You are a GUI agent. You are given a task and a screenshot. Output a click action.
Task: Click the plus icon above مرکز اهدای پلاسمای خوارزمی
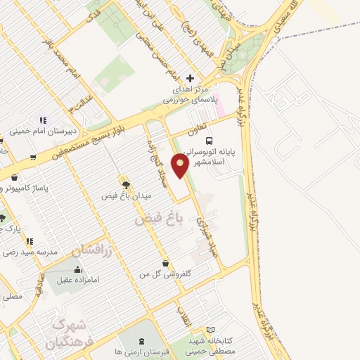(189, 78)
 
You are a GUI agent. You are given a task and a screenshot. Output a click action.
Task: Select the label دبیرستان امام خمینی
(42, 130)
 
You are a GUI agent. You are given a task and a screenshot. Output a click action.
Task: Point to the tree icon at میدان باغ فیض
(125, 184)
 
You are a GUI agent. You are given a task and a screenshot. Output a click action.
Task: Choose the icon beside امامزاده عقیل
(77, 269)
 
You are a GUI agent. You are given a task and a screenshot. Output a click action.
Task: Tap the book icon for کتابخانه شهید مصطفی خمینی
(211, 329)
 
